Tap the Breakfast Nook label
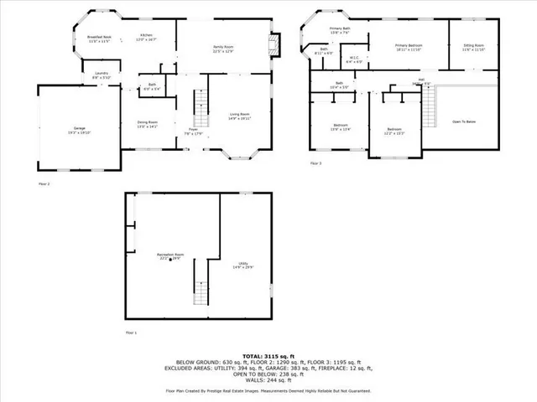100,39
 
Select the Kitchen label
146,37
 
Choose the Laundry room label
100,76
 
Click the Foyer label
192,131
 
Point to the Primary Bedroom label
409,47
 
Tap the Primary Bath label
340,31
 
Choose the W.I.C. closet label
354,60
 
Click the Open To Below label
464,122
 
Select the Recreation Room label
172,257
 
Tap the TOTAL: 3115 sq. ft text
268,356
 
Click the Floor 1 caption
131,333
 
